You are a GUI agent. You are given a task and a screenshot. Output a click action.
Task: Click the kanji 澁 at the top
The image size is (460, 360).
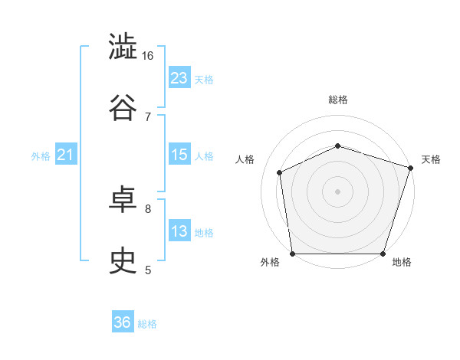pyautogui.click(x=123, y=46)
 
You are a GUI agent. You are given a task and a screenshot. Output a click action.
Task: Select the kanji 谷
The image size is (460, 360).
pyautogui.click(x=123, y=107)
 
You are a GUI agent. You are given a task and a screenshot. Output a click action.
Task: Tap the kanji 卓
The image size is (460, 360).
pyautogui.click(x=123, y=199)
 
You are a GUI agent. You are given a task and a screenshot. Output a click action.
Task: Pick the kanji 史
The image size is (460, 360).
pyautogui.click(x=123, y=260)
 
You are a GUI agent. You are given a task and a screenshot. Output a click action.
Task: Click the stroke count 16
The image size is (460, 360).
pyautogui.click(x=147, y=56)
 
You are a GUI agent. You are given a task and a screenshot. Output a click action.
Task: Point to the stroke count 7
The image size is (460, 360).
pyautogui.click(x=148, y=117)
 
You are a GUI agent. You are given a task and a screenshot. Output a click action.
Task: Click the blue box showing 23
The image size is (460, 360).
pyautogui.click(x=179, y=77)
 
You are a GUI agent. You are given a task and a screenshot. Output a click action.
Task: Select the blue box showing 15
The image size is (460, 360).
pyautogui.click(x=179, y=154)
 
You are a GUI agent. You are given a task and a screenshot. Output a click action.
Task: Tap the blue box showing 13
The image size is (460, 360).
pyautogui.click(x=179, y=230)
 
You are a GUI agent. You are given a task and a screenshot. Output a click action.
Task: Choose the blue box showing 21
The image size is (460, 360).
pyautogui.click(x=66, y=154)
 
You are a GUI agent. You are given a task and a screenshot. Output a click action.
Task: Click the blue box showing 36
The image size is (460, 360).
pyautogui.click(x=123, y=321)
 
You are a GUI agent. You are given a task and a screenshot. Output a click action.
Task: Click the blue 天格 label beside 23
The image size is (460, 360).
pyautogui.click(x=204, y=80)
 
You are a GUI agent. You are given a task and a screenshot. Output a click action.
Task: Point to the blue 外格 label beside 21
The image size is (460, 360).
pyautogui.click(x=41, y=156)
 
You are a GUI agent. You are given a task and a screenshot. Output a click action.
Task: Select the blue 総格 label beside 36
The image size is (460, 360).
pyautogui.click(x=147, y=324)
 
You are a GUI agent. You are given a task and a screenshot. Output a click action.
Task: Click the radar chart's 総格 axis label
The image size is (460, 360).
pyautogui.click(x=338, y=100)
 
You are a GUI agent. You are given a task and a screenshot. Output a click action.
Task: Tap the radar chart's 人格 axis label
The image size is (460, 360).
pyautogui.click(x=245, y=159)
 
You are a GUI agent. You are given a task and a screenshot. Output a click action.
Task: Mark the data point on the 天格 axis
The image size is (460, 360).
pyautogui.click(x=410, y=168)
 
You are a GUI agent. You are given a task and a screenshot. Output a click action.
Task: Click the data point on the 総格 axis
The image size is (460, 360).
pyautogui.click(x=337, y=146)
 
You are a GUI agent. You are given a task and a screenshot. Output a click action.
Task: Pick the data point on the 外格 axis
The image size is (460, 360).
pyautogui.click(x=293, y=254)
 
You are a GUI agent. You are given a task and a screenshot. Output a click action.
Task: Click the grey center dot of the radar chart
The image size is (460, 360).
pyautogui.click(x=337, y=191)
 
